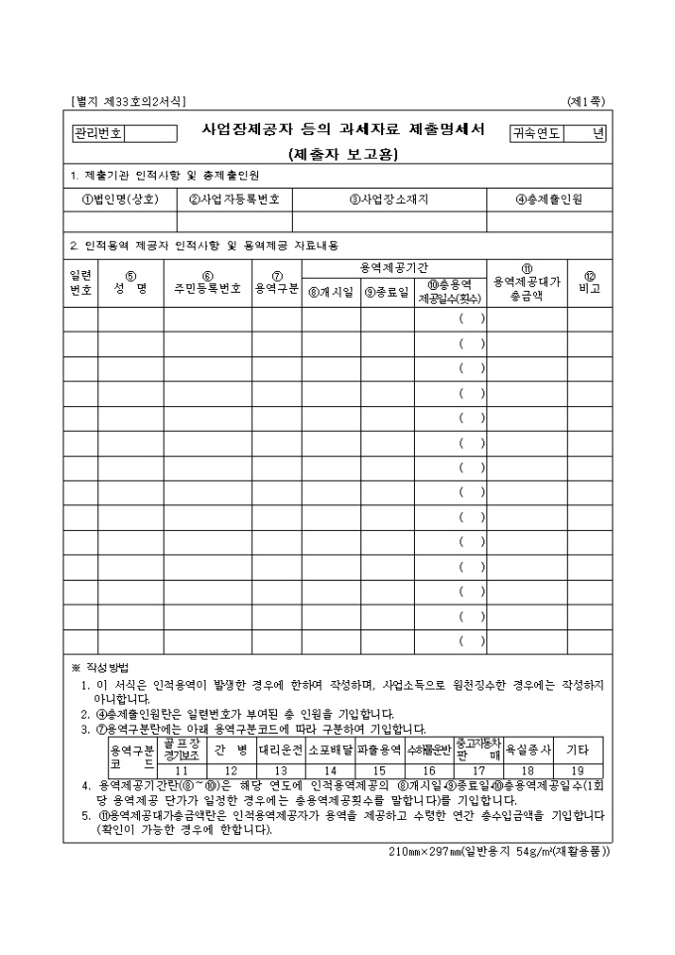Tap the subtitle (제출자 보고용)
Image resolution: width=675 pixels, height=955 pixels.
point(337,154)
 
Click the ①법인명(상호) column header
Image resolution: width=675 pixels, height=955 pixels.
point(120,199)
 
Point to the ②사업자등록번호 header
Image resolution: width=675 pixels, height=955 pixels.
point(234,199)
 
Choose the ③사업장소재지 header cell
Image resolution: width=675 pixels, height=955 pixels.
point(389,199)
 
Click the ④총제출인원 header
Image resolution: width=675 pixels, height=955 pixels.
point(549,199)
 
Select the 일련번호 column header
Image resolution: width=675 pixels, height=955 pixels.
point(80,283)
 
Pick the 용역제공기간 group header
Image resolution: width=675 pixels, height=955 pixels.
point(394,268)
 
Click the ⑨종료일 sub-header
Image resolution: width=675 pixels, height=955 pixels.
point(387,292)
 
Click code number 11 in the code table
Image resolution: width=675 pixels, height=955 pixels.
point(182,770)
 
